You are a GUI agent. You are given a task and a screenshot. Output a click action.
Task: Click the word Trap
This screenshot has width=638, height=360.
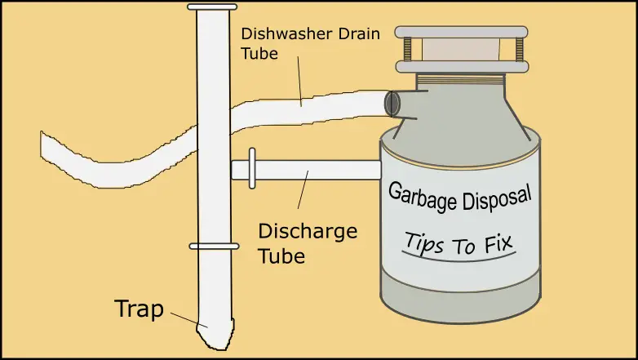tap(140, 310)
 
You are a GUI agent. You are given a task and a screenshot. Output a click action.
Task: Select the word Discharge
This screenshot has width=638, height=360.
tap(308, 231)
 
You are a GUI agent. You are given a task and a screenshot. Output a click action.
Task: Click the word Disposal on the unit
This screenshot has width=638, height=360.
tap(498, 196)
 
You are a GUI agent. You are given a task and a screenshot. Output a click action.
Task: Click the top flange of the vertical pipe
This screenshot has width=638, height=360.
tap(212, 7)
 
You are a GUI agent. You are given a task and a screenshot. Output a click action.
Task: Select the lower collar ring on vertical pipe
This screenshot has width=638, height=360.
tap(213, 246)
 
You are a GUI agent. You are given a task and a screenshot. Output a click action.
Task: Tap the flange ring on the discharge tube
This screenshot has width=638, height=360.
tap(251, 169)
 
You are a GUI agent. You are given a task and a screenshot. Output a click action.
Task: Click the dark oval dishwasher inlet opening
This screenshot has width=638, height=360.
tap(392, 103)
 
